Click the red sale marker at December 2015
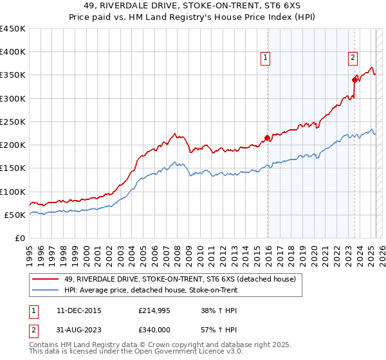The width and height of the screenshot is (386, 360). coord(268,138)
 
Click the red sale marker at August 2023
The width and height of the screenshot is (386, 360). coord(354,80)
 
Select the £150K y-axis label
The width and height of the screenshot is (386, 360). coord(13,168)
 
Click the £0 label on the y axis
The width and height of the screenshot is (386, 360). coord(19,238)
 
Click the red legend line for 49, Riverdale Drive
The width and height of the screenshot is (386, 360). coord(46,279)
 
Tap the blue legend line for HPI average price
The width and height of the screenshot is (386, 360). coord(46,290)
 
